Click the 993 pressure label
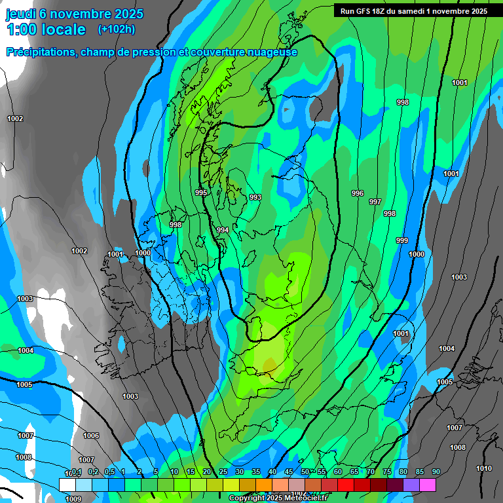coord(255,197)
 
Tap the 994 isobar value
coord(223,230)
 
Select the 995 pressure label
coord(201,193)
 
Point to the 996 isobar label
coord(357,193)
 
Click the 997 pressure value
coord(375,202)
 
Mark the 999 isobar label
coord(401,240)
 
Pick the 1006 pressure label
coord(91,436)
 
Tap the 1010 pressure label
coord(483,468)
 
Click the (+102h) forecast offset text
coord(117,29)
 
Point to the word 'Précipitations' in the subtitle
coord(41,52)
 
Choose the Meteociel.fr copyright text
coord(278,498)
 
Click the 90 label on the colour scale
coord(436,472)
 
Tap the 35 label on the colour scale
coord(256,472)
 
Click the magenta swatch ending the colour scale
coord(427,485)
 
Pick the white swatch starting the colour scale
coord(67,485)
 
